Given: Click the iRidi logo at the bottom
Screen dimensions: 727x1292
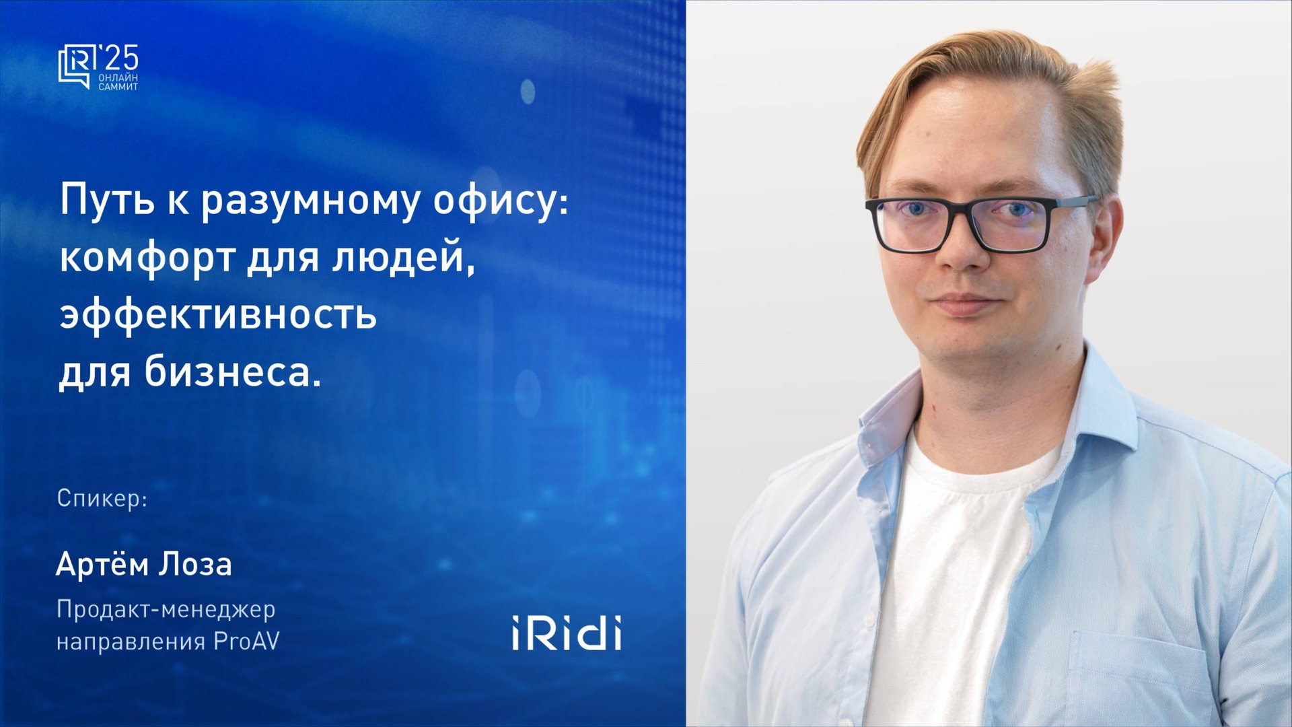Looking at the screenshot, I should [x=566, y=633].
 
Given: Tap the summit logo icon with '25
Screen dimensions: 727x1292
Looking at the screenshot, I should [x=98, y=67].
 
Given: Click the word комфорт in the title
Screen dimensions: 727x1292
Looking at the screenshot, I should [x=147, y=258].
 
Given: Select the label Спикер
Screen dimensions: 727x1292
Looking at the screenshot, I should [x=102, y=498].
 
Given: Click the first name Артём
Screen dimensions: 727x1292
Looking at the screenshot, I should [x=102, y=564].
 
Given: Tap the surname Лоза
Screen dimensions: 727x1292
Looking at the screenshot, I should [x=196, y=564].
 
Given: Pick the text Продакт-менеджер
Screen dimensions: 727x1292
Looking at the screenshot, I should [x=166, y=609].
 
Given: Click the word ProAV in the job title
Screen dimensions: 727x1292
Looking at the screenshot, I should [x=246, y=641].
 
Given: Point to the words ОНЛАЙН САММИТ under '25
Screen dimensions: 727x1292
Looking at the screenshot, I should [x=118, y=82].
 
